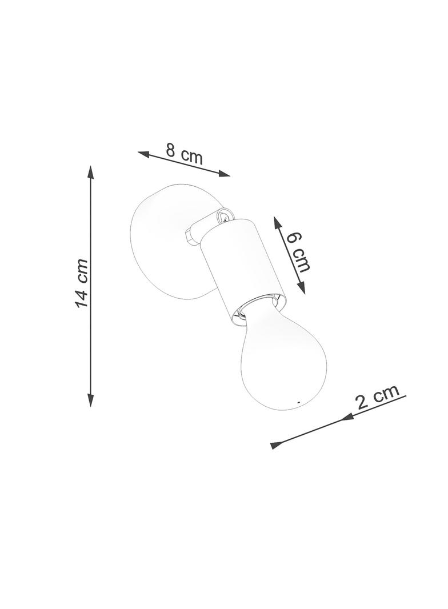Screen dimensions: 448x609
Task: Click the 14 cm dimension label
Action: tap(82, 282)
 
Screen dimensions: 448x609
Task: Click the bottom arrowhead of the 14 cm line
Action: tap(90, 399)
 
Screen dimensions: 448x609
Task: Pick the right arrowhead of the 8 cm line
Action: tap(223, 173)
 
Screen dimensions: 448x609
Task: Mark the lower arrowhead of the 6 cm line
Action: tap(301, 287)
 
